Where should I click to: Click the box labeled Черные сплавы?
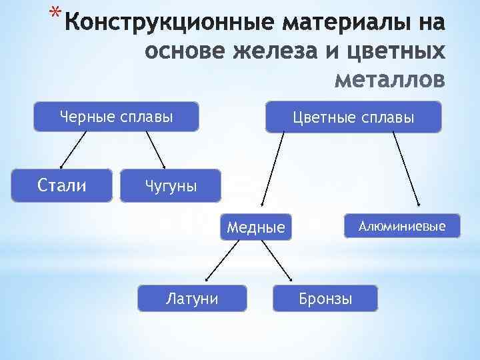tap(117, 117)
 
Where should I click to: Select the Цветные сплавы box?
tap(353, 117)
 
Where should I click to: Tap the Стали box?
tap(61, 185)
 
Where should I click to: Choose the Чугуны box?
tap(170, 185)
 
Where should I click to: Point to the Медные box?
tap(256, 227)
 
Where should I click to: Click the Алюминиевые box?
tap(401, 227)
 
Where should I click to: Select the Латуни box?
tap(192, 298)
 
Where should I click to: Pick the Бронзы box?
tap(325, 298)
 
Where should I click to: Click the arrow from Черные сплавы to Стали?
tap(74, 149)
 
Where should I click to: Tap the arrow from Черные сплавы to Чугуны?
tap(154, 149)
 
